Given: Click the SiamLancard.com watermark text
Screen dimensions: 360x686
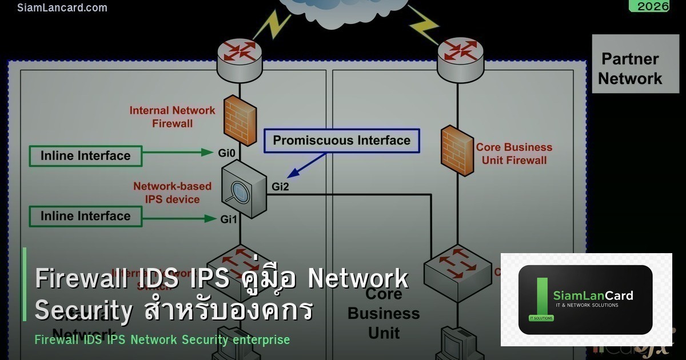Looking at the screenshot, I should pyautogui.click(x=62, y=7).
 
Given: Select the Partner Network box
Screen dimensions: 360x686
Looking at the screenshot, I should pyautogui.click(x=630, y=68).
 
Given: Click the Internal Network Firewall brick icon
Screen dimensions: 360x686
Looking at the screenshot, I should pyautogui.click(x=240, y=118).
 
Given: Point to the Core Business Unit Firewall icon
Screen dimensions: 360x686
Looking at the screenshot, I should pyautogui.click(x=457, y=153).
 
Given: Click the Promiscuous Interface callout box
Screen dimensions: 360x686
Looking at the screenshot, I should pyautogui.click(x=341, y=141).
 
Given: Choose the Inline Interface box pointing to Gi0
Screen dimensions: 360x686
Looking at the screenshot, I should pyautogui.click(x=85, y=155).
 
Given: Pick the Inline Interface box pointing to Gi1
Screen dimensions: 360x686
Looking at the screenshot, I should pyautogui.click(x=85, y=216).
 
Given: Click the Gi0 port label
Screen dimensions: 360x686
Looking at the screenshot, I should pyautogui.click(x=226, y=153).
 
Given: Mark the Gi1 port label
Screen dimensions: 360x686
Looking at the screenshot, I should pyautogui.click(x=229, y=219).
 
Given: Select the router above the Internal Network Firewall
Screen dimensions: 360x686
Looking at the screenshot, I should pyautogui.click(x=240, y=55).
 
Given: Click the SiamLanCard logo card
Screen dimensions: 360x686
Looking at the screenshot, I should pyautogui.click(x=585, y=299).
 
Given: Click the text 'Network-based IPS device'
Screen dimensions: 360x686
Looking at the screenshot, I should pyautogui.click(x=172, y=193).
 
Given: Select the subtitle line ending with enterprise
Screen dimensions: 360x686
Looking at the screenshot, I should pyautogui.click(x=162, y=339).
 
